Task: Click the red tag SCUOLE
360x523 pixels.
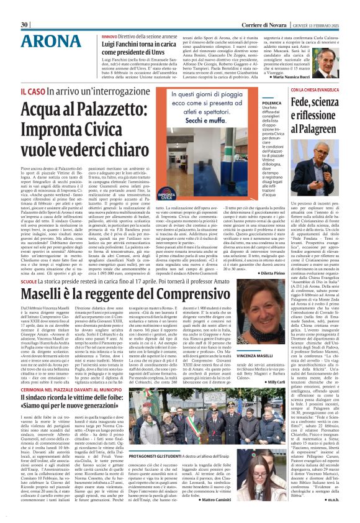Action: tap(29, 263)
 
